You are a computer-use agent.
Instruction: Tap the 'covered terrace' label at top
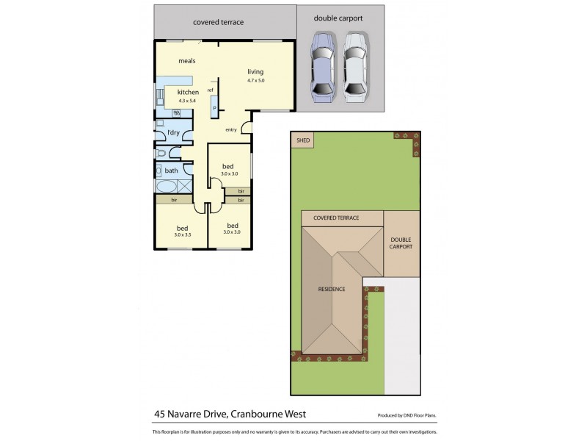pos(218,22)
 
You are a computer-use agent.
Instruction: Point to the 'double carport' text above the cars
pos(338,18)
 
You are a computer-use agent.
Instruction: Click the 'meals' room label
pos(186,61)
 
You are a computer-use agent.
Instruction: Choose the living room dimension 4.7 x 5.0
pos(255,79)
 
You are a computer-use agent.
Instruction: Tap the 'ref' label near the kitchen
pos(210,90)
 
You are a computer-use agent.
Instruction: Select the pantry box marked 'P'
pos(214,108)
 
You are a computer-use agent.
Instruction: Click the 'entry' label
pos(231,130)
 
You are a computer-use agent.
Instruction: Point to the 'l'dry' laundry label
pos(173,132)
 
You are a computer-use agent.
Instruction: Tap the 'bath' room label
pos(171,171)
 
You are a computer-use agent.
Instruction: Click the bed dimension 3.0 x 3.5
pos(183,234)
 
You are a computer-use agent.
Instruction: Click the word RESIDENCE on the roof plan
pos(331,289)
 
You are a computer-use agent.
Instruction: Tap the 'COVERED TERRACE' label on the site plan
pos(336,218)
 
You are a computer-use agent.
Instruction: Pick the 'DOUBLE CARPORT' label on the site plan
pos(401,243)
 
